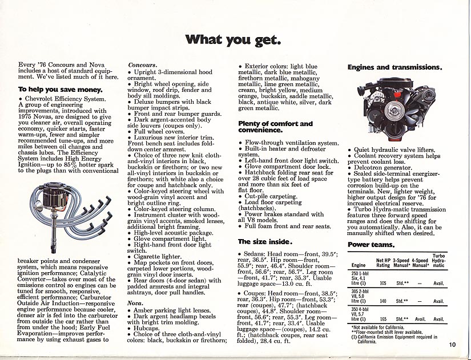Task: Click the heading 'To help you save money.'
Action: point(61,90)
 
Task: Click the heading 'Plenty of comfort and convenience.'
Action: point(275,127)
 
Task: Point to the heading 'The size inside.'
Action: point(264,241)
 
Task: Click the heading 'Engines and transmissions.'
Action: point(394,67)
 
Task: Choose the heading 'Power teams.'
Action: point(371,245)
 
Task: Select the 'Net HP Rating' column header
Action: point(383,262)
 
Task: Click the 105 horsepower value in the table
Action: point(383,282)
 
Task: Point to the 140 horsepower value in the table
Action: point(383,301)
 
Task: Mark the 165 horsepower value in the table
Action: point(383,319)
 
